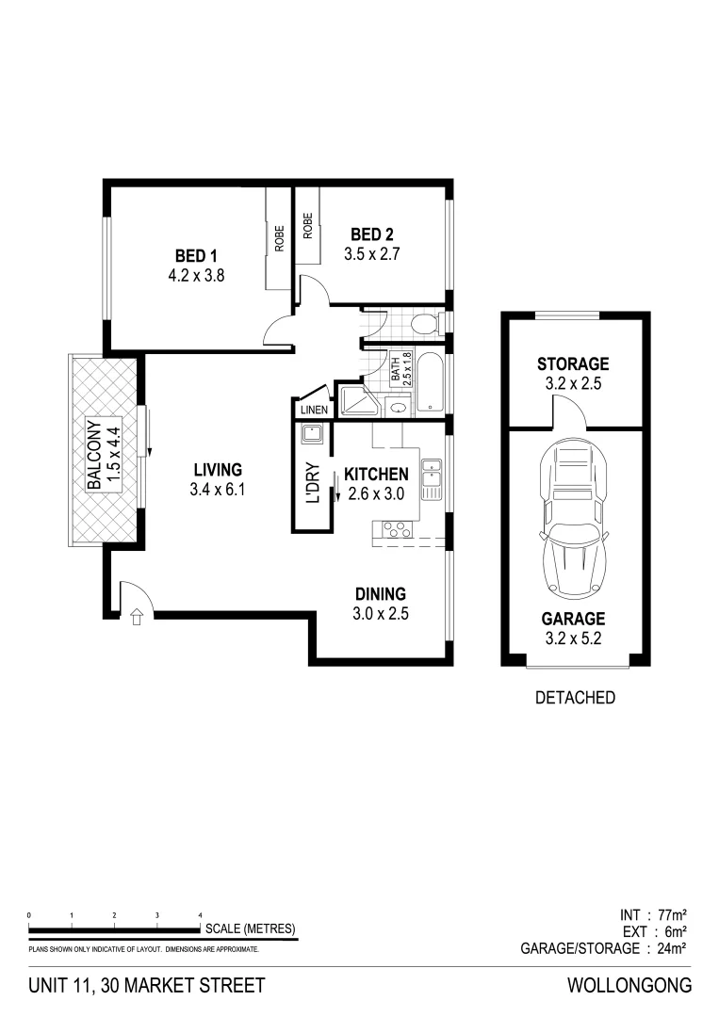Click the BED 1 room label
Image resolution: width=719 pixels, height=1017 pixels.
[196, 256]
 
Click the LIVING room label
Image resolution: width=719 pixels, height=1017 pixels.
[218, 469]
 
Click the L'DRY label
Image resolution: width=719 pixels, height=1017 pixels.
[314, 481]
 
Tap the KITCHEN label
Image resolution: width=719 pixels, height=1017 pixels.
[376, 474]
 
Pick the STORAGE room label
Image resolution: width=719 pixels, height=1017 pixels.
[573, 363]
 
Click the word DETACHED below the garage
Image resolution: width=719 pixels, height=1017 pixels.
[574, 698]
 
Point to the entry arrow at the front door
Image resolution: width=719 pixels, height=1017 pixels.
[137, 618]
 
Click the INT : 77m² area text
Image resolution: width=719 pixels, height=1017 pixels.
[653, 913]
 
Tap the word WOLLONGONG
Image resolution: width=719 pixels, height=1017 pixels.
[629, 986]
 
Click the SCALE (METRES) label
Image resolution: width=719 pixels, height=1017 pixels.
[250, 928]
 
